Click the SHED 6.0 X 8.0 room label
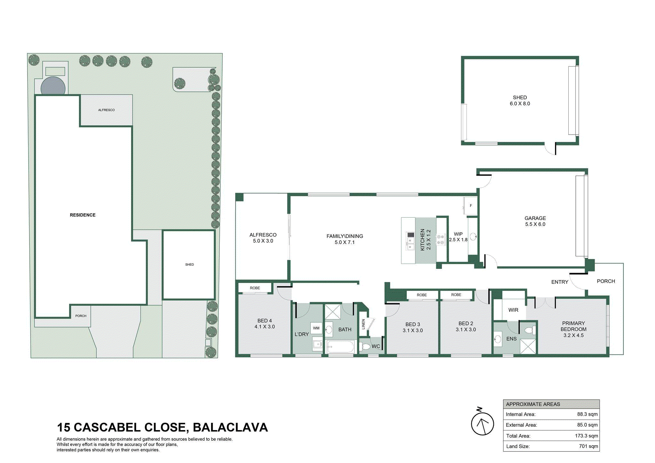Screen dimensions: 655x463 (520, 100)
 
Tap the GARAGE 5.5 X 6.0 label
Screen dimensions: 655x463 (535, 221)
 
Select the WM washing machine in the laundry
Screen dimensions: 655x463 (316, 328)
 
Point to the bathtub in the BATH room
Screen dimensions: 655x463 (340, 347)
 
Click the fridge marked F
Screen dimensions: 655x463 (470, 206)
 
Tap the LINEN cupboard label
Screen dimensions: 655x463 (363, 324)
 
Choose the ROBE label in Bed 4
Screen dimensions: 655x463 (255, 288)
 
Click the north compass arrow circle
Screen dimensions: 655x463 (482, 424)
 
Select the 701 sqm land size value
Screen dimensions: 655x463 (588, 446)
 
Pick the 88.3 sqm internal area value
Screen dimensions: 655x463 (587, 414)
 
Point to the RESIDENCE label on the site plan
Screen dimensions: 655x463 (83, 215)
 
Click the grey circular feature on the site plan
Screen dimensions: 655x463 (53, 86)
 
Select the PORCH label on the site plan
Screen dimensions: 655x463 (81, 316)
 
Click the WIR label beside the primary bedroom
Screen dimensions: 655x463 (513, 310)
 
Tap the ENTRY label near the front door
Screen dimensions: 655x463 (560, 282)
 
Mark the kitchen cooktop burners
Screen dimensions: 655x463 (441, 239)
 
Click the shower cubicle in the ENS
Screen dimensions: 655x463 (528, 346)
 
